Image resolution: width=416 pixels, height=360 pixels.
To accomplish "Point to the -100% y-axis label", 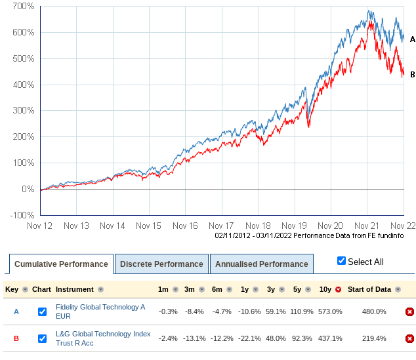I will click(22, 215).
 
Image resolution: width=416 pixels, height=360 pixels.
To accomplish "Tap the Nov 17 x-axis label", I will click(221, 225).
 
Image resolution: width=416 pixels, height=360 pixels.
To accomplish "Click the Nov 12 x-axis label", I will click(40, 225).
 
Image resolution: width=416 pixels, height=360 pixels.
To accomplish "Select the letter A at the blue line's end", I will click(412, 39).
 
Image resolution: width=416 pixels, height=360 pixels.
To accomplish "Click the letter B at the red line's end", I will click(412, 74).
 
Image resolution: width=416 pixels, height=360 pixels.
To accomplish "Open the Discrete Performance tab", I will click(161, 264).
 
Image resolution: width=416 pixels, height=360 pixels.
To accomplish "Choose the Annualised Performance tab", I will click(261, 264).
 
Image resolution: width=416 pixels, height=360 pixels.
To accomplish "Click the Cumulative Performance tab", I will click(61, 264).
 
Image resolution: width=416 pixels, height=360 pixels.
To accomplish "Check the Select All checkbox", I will click(341, 261).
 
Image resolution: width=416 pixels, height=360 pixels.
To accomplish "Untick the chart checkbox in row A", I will click(42, 311).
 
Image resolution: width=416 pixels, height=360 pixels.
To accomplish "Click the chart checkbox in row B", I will click(42, 338).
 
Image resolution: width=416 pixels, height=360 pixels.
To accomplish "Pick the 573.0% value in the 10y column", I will click(330, 311).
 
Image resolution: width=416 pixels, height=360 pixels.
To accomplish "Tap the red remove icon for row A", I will click(409, 311).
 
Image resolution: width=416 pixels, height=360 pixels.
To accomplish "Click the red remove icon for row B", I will click(409, 338).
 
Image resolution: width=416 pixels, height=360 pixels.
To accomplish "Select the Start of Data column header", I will click(369, 289).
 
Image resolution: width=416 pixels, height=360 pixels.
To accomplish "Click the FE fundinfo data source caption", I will click(309, 235).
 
